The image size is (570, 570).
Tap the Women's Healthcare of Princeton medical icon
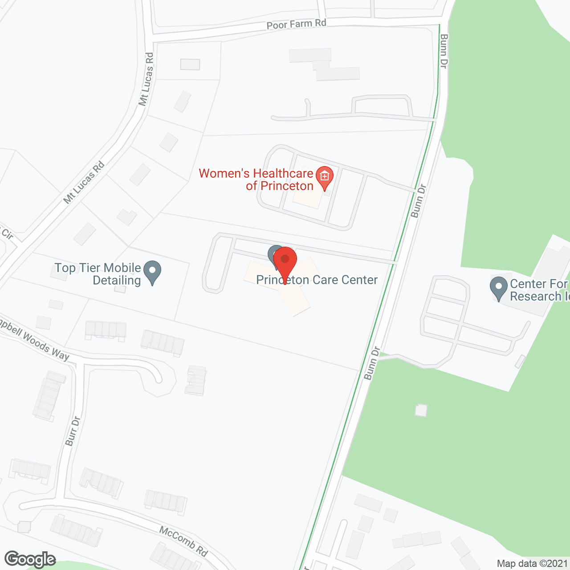pyautogui.click(x=324, y=177)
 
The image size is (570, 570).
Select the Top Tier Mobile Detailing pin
pyautogui.click(x=152, y=271)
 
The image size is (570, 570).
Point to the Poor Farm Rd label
pyautogui.click(x=296, y=24)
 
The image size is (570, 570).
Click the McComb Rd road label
pyautogui.click(x=183, y=541)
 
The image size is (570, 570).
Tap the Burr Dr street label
pyautogui.click(x=73, y=431)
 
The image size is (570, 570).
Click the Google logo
pyautogui.click(x=30, y=559)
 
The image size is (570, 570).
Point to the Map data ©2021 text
pyautogui.click(x=532, y=563)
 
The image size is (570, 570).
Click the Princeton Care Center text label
pyautogui.click(x=317, y=280)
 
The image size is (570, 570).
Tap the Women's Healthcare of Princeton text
pyautogui.click(x=256, y=179)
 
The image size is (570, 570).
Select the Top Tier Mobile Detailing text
pyautogui.click(x=98, y=274)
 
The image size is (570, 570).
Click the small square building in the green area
pyautogui.click(x=421, y=410)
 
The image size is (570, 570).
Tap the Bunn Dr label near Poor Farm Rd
pyautogui.click(x=444, y=51)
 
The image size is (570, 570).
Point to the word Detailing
pyautogui.click(x=117, y=281)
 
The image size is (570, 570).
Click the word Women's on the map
pyautogui.click(x=218, y=173)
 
